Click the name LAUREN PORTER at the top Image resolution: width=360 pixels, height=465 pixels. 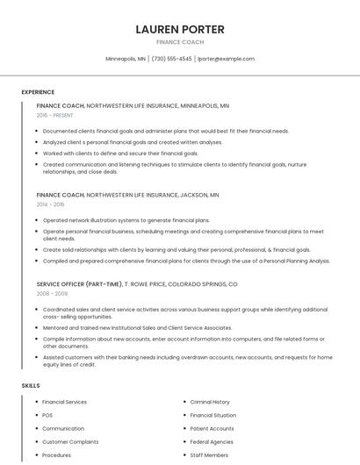(x=180, y=29)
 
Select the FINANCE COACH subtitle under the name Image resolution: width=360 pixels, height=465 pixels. (x=180, y=42)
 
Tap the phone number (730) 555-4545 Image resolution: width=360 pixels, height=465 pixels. (x=171, y=59)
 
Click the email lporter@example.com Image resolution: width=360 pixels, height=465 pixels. (x=226, y=59)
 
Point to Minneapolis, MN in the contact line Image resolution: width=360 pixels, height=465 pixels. (x=126, y=59)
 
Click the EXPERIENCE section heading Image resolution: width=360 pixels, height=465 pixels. (x=38, y=92)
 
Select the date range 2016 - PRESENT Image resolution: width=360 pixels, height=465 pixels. (x=55, y=115)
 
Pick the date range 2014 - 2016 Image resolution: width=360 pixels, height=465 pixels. (x=51, y=204)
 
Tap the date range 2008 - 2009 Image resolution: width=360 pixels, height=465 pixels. (x=51, y=294)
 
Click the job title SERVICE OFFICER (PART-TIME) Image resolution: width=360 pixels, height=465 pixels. (x=79, y=284)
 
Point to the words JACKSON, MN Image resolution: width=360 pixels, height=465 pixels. (x=199, y=195)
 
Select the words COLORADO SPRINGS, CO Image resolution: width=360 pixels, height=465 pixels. (x=203, y=284)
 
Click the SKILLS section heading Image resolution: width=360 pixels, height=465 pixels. (x=31, y=386)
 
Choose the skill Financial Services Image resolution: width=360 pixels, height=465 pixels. (x=65, y=402)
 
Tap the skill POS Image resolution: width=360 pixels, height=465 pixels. (x=47, y=415)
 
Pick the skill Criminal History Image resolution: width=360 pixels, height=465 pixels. (x=210, y=402)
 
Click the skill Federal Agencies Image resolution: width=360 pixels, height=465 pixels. (x=212, y=442)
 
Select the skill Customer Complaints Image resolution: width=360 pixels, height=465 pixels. (x=70, y=442)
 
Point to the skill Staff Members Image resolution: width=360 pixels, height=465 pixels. (x=209, y=455)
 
